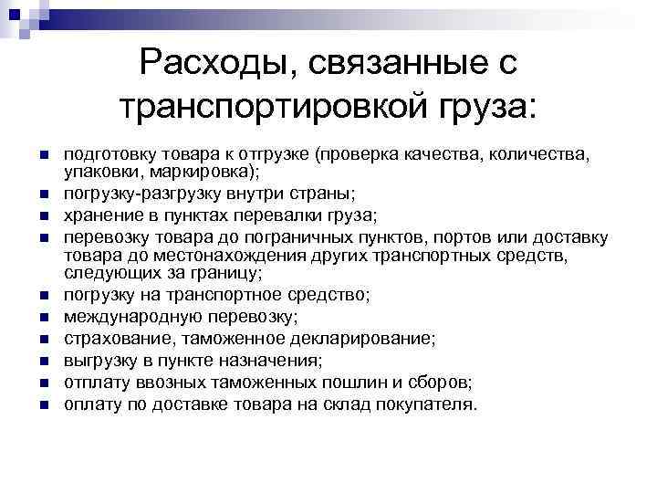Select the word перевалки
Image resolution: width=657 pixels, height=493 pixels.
click(269, 215)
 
